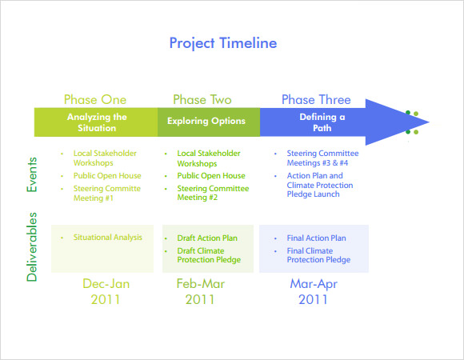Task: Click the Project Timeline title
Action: (223, 42)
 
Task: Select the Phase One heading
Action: (95, 100)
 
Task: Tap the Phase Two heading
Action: (202, 100)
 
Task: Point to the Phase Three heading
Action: (316, 100)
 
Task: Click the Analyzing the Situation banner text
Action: (97, 122)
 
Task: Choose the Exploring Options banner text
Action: (206, 122)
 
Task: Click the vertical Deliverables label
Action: (32, 246)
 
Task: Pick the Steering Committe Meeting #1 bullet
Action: (106, 194)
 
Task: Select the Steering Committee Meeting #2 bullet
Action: (210, 194)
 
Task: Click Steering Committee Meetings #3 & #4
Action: (322, 158)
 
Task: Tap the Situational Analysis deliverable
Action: (107, 238)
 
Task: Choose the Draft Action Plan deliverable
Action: (207, 238)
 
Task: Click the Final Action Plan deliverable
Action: (316, 238)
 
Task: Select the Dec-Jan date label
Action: (106, 284)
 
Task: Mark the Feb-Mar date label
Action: (200, 284)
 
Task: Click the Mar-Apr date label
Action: (313, 284)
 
